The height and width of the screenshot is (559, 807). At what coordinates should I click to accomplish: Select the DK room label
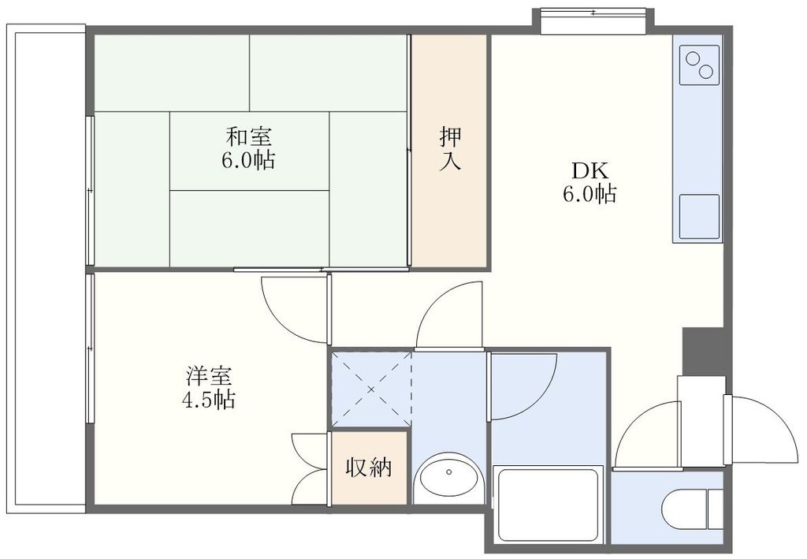(589, 170)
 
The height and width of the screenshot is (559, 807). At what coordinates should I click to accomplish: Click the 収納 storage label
(369, 468)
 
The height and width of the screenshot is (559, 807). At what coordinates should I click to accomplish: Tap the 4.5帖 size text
(208, 400)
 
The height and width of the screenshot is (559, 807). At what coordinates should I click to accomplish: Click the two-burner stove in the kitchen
(698, 65)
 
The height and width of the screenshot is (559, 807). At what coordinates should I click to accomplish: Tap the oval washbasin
(448, 478)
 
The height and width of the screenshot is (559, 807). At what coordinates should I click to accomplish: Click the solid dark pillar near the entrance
(702, 351)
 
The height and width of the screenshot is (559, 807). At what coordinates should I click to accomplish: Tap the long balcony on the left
(46, 268)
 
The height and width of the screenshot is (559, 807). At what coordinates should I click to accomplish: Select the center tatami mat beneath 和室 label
(248, 151)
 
